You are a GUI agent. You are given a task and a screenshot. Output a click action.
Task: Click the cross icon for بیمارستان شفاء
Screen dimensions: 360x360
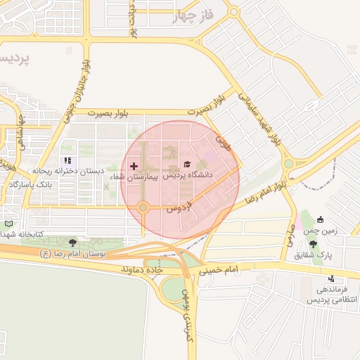[134, 166]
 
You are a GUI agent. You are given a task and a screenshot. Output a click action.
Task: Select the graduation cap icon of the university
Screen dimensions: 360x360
[187, 165]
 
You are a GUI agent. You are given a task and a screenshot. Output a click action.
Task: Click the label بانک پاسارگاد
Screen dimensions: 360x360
[31, 184]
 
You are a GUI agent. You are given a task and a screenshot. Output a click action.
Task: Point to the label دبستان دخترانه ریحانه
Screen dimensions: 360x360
[68, 171]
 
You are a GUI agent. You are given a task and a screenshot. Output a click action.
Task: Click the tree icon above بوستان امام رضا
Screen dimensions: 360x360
[73, 242]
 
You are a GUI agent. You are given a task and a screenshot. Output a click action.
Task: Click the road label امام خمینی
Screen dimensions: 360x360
[219, 269]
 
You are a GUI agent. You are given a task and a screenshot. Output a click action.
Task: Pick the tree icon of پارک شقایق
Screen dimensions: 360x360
[313, 244]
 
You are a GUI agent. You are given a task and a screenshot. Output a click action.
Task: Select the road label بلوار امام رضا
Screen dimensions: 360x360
[268, 191]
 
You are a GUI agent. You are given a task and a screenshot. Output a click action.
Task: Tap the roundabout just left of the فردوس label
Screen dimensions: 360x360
[143, 207]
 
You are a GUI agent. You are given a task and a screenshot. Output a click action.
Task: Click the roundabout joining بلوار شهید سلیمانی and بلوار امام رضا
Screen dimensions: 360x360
[288, 164]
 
